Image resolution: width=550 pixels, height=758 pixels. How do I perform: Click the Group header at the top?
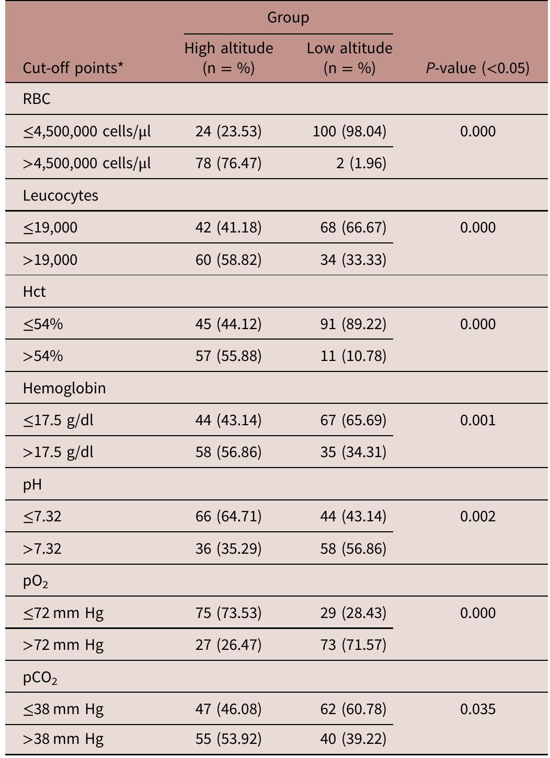288,17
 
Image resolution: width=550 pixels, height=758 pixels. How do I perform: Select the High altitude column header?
228,57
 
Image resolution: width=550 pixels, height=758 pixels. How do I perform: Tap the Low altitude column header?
349,57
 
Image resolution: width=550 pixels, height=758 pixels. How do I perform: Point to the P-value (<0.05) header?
477,68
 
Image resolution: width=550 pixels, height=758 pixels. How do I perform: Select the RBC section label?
37,99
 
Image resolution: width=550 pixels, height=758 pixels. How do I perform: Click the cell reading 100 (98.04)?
349,131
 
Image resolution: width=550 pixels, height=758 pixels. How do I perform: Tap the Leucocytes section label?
61,195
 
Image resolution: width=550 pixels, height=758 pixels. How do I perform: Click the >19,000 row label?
50,260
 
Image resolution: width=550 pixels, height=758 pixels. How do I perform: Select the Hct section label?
35,291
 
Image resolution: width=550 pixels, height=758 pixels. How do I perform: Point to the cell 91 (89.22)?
353,324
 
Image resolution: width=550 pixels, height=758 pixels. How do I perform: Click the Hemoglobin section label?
64,388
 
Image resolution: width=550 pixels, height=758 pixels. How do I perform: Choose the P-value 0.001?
477,420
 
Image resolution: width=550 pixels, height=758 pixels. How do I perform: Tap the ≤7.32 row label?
42,517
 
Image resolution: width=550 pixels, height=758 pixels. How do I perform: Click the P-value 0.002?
477,517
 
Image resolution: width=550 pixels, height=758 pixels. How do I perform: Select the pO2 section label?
36,581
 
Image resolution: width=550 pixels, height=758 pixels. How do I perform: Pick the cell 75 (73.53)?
228,613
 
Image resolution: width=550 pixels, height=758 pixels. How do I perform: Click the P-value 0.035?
477,709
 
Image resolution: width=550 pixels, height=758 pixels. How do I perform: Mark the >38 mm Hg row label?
63,739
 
